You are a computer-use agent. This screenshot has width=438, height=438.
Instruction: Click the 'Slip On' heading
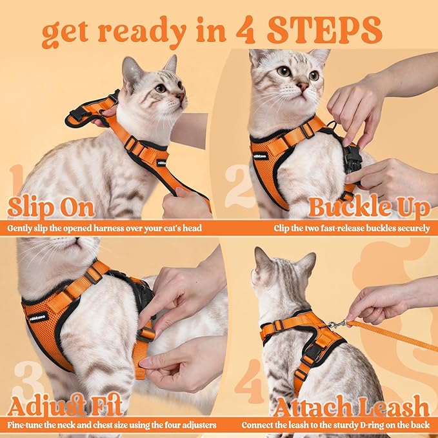coord(51,208)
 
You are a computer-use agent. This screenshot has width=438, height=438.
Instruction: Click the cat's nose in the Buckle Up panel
coord(302,85)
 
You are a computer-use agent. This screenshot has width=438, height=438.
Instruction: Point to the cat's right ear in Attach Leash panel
coord(306,263)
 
